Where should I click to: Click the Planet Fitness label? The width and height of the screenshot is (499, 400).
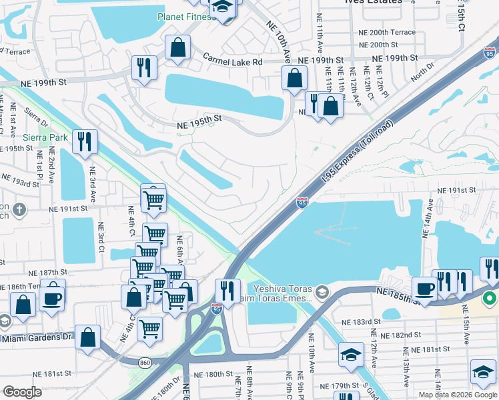coord(186,17)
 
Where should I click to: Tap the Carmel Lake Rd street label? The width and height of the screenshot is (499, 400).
coord(233,61)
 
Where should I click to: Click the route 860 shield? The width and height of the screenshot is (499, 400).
coord(144,362)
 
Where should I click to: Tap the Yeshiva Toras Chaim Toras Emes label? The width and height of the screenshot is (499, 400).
coord(283,293)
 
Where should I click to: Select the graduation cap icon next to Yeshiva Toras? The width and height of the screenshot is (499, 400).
coord(323,291)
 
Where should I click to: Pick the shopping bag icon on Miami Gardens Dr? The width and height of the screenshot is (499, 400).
coord(88,337)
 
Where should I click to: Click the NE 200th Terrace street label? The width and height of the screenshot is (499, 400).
coord(387,33)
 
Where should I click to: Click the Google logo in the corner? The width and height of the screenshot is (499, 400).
coord(23,391)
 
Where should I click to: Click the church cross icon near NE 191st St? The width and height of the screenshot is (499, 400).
coord(19,209)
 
